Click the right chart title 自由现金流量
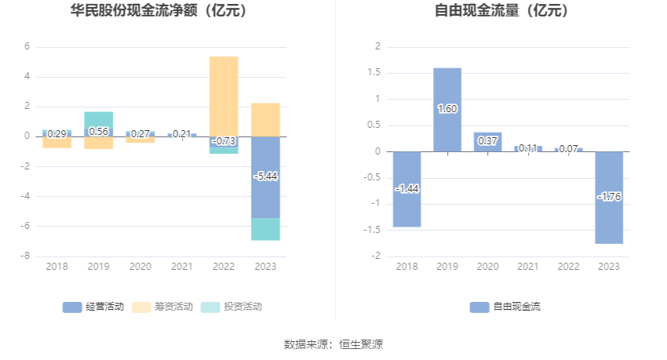[501, 11]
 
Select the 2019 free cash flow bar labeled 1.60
[447, 94]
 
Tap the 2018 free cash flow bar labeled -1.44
[406, 204]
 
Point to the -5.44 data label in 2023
[265, 176]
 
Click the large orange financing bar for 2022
[224, 94]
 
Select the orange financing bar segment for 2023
[265, 119]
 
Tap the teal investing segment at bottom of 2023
[265, 229]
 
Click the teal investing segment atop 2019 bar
[99, 119]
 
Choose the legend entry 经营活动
[93, 307]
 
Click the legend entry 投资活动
[232, 307]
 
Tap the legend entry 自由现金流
[506, 307]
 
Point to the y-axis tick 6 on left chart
[27, 47]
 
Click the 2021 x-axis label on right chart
[528, 267]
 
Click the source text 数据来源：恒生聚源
[333, 344]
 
